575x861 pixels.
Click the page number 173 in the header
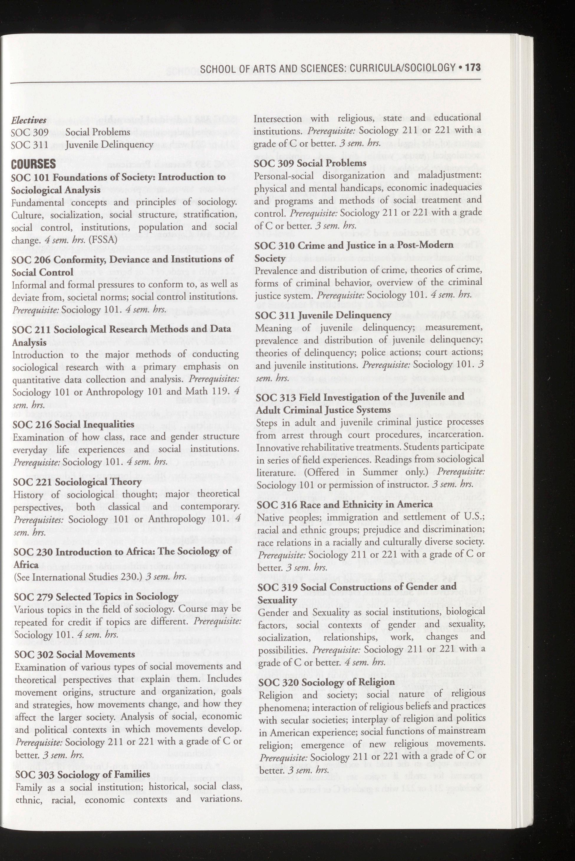pos(473,67)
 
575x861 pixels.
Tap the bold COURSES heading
pos(33,164)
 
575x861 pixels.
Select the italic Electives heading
pos(29,120)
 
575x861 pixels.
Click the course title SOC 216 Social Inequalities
pos(73,424)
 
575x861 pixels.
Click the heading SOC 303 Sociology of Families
pos(83,774)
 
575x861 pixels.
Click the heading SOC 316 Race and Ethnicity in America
pos(345,504)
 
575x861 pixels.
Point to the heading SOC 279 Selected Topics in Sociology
pos(96,597)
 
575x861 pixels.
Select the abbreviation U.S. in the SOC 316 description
pos(473,517)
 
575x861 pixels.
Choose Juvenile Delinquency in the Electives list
pos(110,145)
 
